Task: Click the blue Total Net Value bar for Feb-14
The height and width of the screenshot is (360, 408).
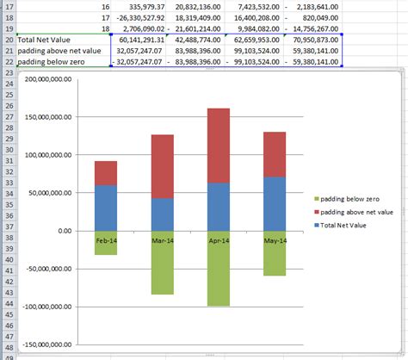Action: tap(106, 208)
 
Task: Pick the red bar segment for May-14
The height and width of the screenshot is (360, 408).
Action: tap(274, 154)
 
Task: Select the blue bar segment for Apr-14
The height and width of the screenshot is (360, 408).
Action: tap(219, 207)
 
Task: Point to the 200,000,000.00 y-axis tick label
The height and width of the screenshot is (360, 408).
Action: tap(44, 79)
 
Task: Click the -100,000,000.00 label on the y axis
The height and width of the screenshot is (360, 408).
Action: tap(43, 307)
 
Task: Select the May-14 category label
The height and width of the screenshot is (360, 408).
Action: tap(274, 240)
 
